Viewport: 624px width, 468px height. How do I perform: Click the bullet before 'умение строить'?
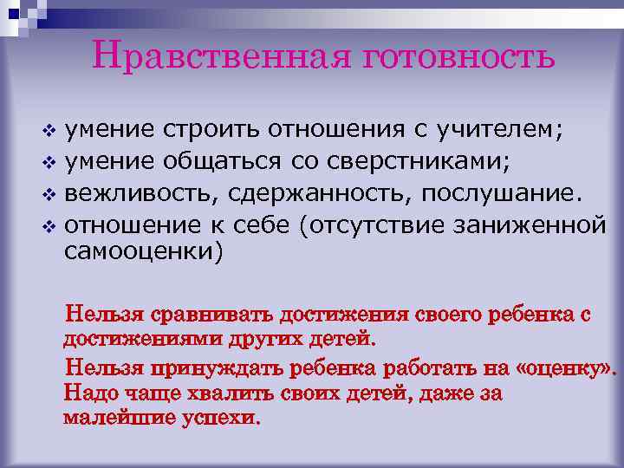[x=49, y=132]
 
